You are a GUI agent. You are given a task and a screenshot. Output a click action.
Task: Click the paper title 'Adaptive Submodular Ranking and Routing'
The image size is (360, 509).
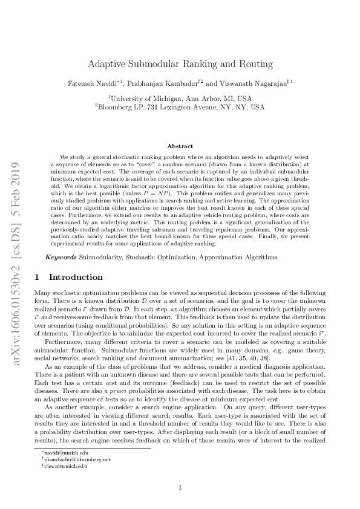click(180, 63)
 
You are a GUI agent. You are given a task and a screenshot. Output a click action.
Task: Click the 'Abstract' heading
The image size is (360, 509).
click(180, 146)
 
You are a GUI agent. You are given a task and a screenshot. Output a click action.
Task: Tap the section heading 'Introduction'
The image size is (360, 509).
click(76, 277)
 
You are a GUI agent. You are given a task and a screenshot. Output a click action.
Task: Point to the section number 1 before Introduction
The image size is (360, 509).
click(38, 277)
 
